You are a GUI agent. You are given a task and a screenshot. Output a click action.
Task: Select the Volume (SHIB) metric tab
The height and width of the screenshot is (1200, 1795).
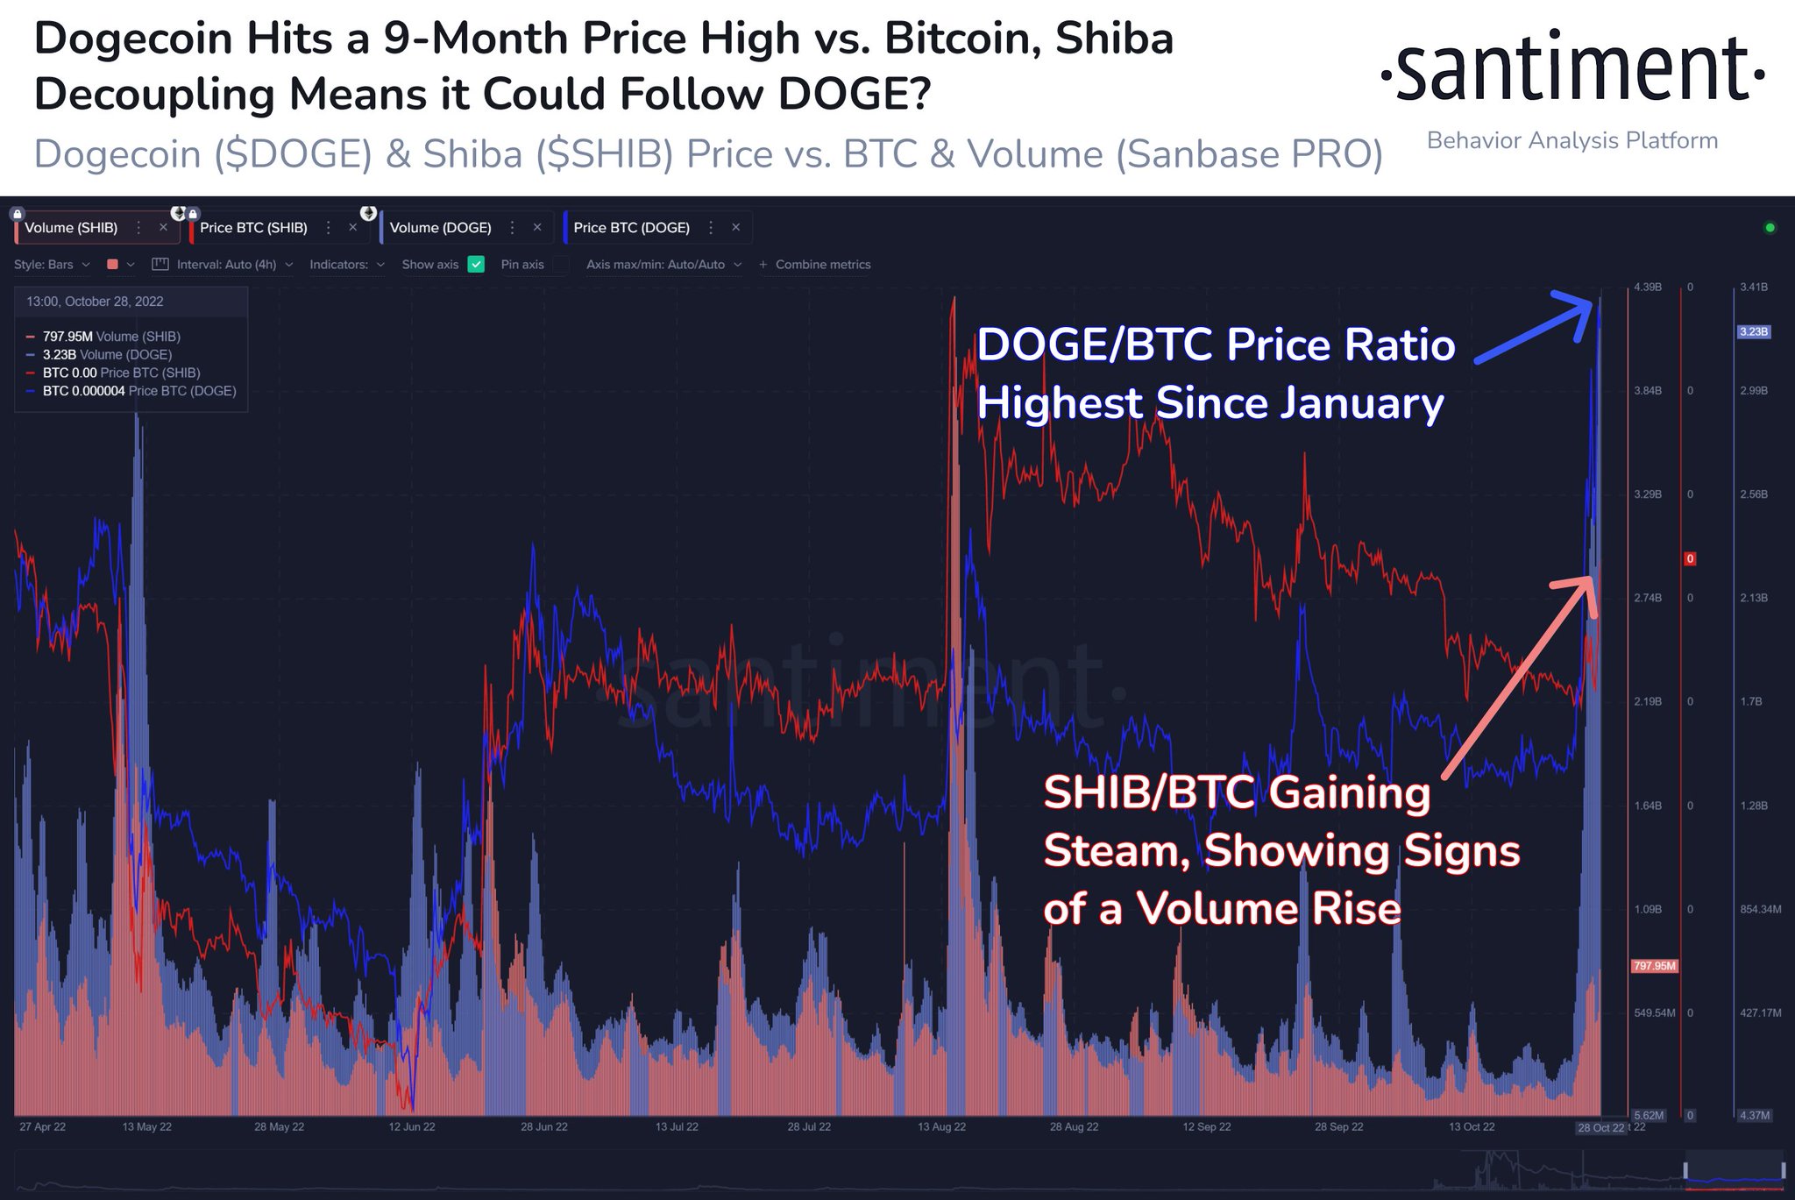pyautogui.click(x=71, y=228)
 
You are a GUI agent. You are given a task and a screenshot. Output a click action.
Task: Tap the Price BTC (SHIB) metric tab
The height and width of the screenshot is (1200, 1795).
pyautogui.click(x=253, y=228)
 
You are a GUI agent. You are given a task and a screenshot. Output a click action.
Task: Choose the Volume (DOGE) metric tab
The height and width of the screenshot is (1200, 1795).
pyautogui.click(x=440, y=228)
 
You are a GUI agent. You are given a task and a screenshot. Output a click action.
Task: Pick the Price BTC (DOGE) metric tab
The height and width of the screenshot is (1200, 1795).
pyautogui.click(x=631, y=228)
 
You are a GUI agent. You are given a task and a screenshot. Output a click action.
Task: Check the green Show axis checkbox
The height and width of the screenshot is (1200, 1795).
pyautogui.click(x=476, y=265)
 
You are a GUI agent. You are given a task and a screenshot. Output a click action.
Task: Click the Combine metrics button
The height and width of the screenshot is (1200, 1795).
pyautogui.click(x=815, y=265)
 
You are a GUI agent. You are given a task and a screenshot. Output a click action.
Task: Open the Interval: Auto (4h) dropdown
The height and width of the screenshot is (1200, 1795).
pyautogui.click(x=224, y=265)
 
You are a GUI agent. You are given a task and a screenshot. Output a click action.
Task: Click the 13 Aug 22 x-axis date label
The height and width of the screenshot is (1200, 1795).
pyautogui.click(x=941, y=1127)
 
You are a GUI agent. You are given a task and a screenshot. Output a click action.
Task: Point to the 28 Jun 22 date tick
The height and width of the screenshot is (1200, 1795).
pyautogui.click(x=544, y=1127)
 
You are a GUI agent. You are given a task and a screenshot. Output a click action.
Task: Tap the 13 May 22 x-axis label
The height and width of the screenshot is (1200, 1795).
pyautogui.click(x=147, y=1127)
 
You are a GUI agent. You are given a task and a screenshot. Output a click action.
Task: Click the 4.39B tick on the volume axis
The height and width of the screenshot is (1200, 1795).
pyautogui.click(x=1648, y=288)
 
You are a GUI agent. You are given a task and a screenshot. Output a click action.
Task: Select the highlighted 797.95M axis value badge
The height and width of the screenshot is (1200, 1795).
pyautogui.click(x=1654, y=966)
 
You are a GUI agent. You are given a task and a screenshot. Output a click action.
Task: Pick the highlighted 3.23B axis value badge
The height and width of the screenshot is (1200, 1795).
pyautogui.click(x=1754, y=332)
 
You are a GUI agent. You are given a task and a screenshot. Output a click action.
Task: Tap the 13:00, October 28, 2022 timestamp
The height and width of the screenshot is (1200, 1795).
pyautogui.click(x=95, y=302)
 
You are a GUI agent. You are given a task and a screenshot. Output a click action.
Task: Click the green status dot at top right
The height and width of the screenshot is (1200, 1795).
pyautogui.click(x=1770, y=228)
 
